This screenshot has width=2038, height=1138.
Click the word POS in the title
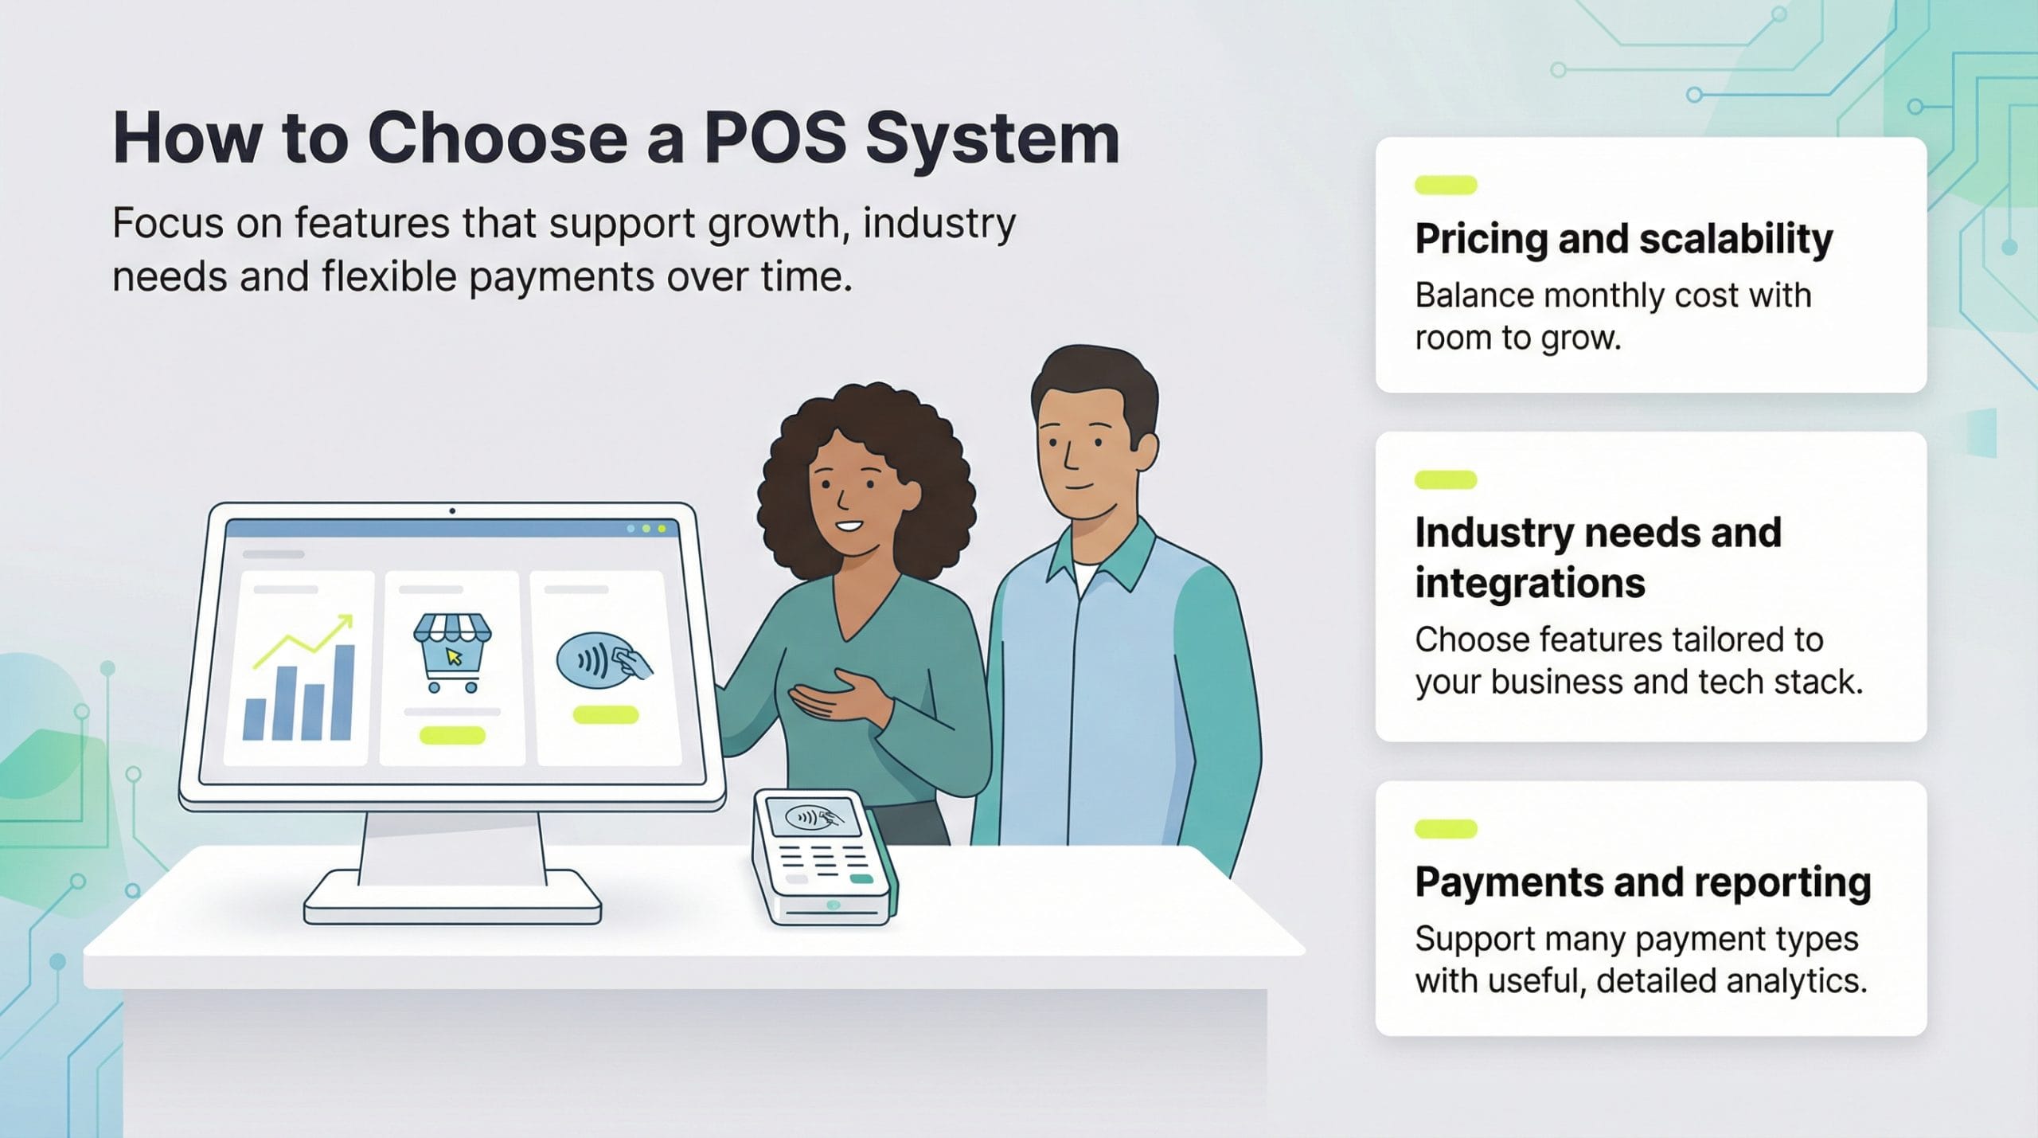pyautogui.click(x=774, y=140)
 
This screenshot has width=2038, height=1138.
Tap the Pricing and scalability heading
pyautogui.click(x=1623, y=239)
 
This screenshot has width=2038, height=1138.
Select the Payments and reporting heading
pyautogui.click(x=1642, y=882)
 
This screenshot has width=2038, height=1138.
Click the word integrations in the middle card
pyautogui.click(x=1529, y=583)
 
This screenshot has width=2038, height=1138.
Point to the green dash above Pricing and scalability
pyautogui.click(x=1445, y=186)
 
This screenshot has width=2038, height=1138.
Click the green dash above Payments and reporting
pyautogui.click(x=1445, y=829)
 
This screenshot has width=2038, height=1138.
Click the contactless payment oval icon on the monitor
pyautogui.click(x=597, y=661)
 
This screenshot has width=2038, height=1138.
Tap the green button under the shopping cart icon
pyautogui.click(x=452, y=735)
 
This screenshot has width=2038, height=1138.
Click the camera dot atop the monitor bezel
pyautogui.click(x=452, y=510)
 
